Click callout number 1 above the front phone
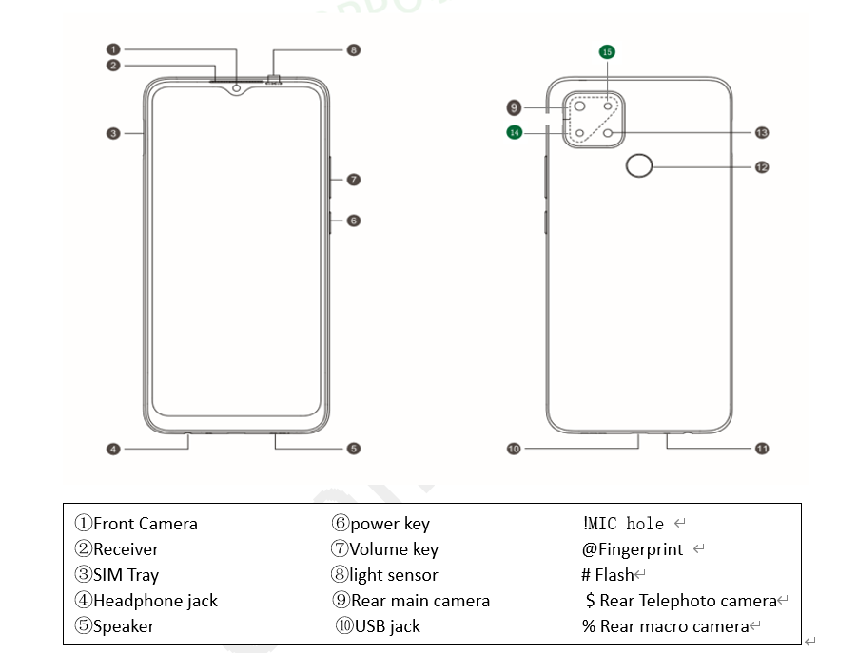(x=113, y=49)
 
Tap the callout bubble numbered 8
(x=354, y=49)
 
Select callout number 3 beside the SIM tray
(x=113, y=134)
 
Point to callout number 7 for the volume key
(x=353, y=179)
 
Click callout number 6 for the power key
(x=353, y=221)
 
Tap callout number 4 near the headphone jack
(x=113, y=449)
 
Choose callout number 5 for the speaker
(x=353, y=449)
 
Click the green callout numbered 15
(x=608, y=52)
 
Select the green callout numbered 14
(x=515, y=133)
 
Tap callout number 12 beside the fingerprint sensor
(x=761, y=167)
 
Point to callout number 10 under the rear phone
(x=515, y=449)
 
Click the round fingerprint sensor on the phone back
(x=640, y=167)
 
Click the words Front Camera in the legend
(x=145, y=524)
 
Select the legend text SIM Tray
(x=126, y=575)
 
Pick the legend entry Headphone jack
(x=155, y=601)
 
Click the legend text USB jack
(x=387, y=626)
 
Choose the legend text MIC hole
(x=625, y=524)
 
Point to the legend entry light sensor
(x=394, y=575)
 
